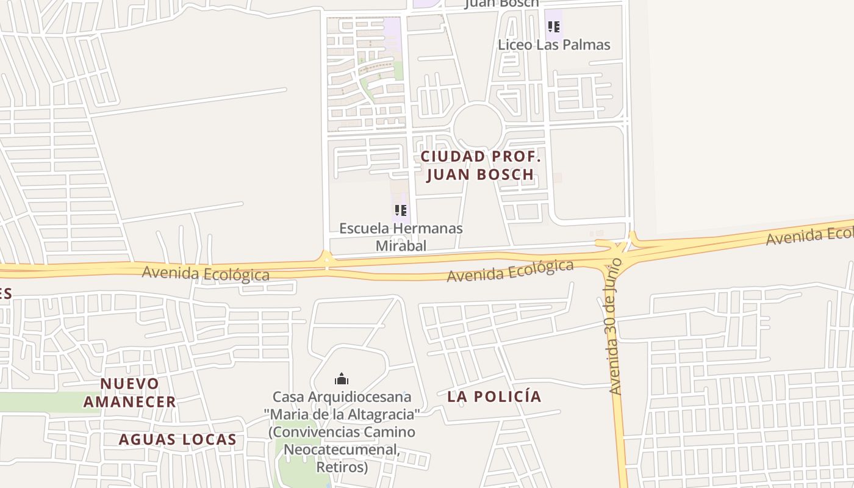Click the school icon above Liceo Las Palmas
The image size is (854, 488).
(553, 27)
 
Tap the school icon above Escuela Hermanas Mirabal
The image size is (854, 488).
(400, 211)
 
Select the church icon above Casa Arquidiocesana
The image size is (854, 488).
(342, 379)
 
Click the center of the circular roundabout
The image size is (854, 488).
(478, 126)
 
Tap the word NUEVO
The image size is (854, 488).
(129, 384)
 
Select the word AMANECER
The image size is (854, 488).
(129, 402)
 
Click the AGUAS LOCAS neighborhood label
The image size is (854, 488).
(178, 440)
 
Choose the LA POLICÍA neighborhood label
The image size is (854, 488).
(494, 396)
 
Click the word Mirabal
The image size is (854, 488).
(401, 246)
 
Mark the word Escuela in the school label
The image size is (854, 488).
(364, 229)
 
